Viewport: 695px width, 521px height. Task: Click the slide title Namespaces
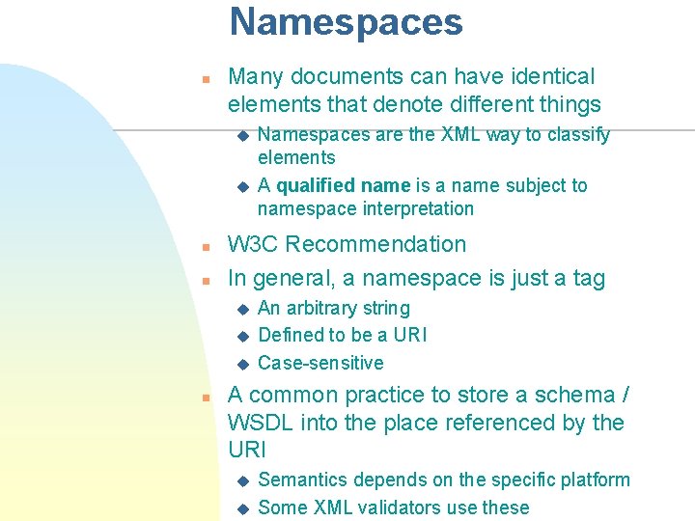pyautogui.click(x=347, y=22)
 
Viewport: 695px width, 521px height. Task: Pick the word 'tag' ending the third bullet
pyautogui.click(x=588, y=280)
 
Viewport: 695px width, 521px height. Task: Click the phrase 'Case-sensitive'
pyautogui.click(x=320, y=364)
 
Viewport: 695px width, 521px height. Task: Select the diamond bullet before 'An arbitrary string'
pyautogui.click(x=243, y=309)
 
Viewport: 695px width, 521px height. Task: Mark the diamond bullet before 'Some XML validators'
pyautogui.click(x=243, y=507)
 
